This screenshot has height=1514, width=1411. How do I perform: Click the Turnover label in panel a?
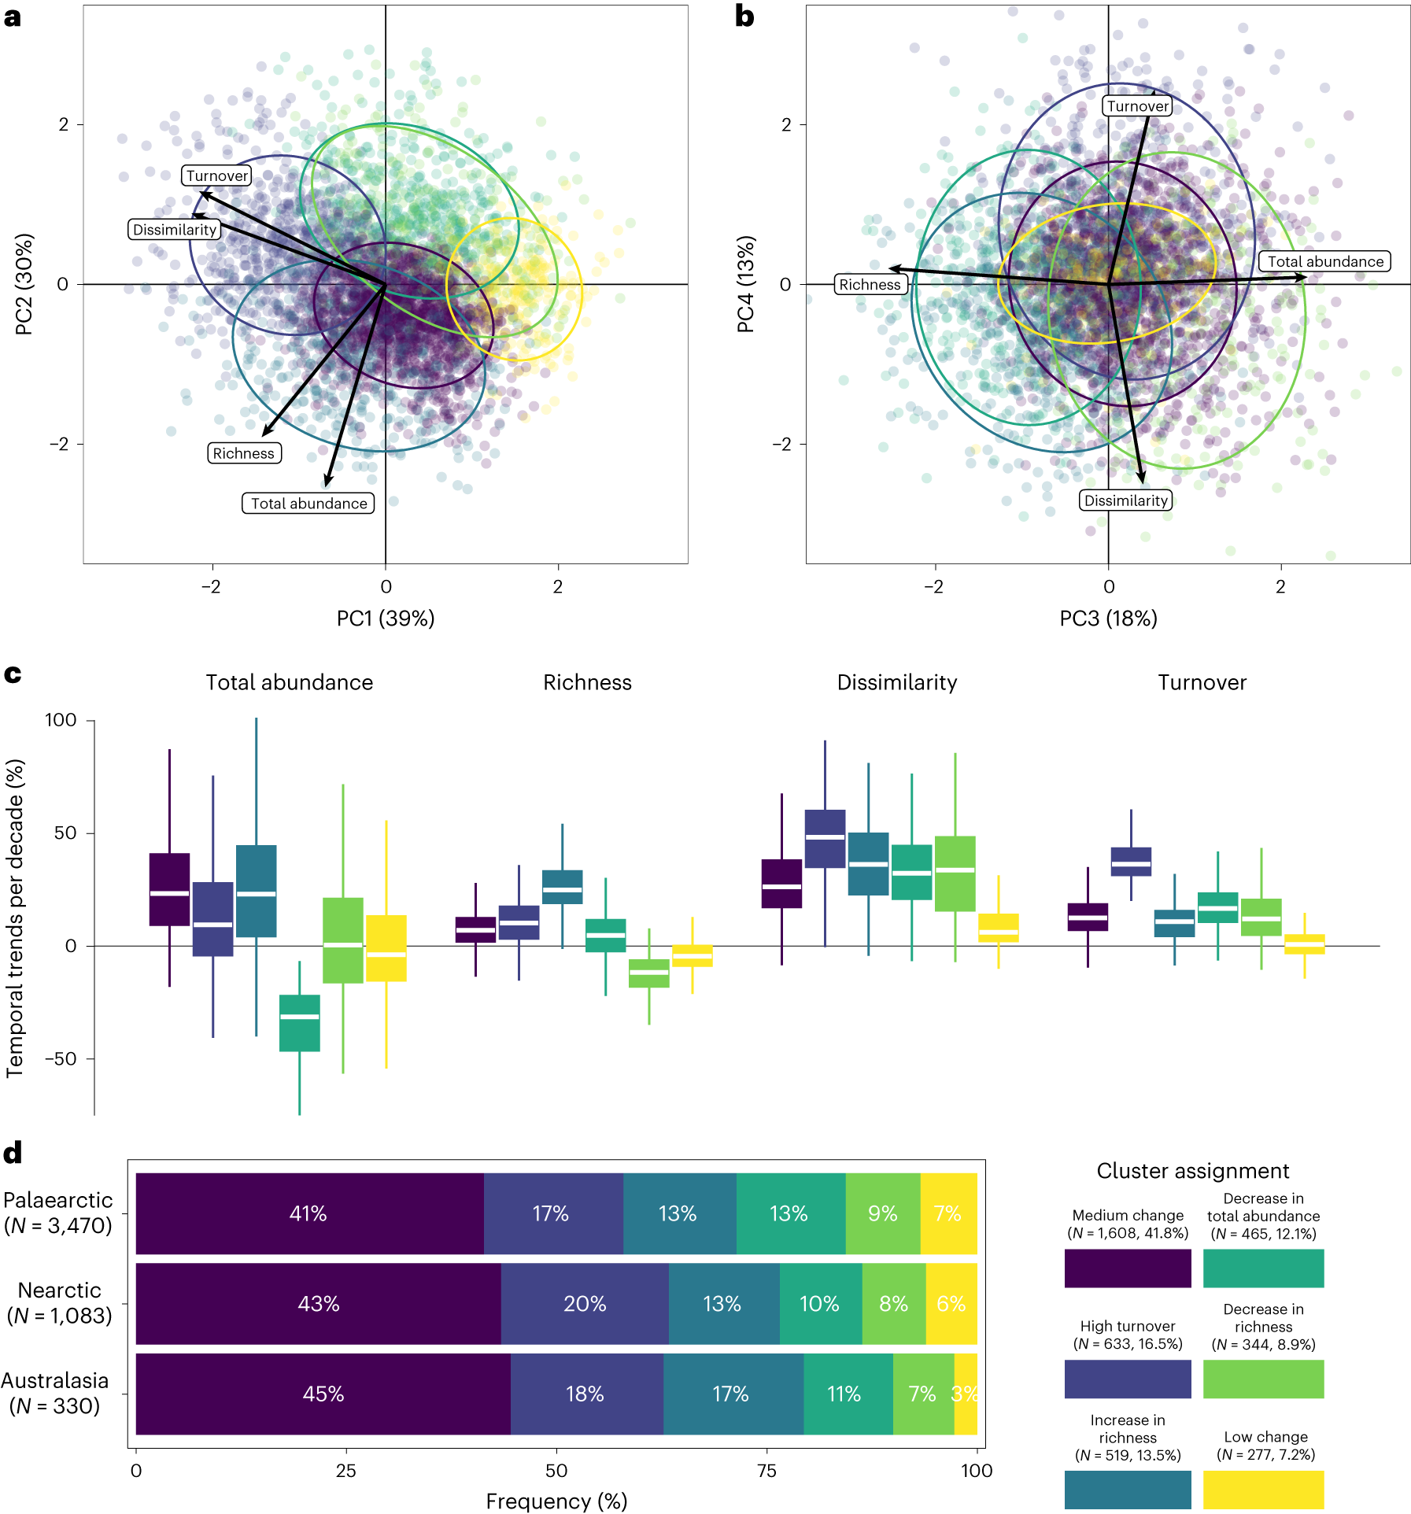click(x=216, y=175)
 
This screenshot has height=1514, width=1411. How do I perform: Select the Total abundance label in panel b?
click(x=1324, y=261)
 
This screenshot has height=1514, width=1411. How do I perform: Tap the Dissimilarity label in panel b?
click(x=1125, y=500)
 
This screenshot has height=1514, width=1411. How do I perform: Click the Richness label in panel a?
click(x=244, y=453)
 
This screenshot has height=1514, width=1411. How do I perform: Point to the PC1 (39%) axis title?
click(x=386, y=619)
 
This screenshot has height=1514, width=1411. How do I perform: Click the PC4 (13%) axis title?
click(x=746, y=284)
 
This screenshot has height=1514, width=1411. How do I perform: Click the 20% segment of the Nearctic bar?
click(x=585, y=1304)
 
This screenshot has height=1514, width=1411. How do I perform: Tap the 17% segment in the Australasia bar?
click(x=732, y=1394)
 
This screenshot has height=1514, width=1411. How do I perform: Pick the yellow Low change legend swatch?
click(x=1263, y=1489)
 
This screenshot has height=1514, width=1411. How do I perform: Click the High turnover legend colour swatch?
click(x=1127, y=1379)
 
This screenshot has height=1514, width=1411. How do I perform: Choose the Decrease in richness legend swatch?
click(x=1263, y=1379)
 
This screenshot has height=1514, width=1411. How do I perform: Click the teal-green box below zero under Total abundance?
click(x=300, y=1023)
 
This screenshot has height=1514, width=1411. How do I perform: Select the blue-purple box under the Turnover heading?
click(x=1131, y=862)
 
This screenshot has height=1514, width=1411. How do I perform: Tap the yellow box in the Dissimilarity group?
click(x=998, y=929)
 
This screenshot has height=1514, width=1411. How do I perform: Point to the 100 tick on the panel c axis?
click(x=61, y=720)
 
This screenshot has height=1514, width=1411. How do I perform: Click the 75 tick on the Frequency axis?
click(x=766, y=1470)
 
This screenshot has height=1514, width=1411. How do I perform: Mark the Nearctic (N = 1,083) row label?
click(x=60, y=1303)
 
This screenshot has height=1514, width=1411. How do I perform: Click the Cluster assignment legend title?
click(x=1192, y=1171)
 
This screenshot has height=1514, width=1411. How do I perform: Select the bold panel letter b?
click(x=744, y=17)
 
